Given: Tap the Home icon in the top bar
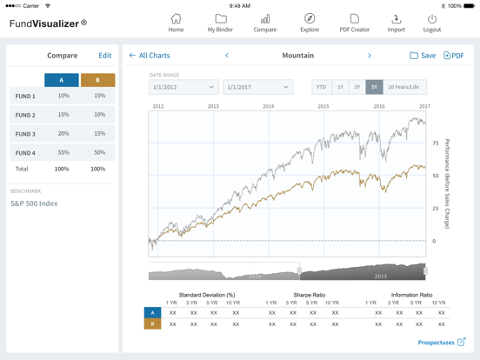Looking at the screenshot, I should pos(176,23).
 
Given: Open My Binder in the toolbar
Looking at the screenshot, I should pos(221,23).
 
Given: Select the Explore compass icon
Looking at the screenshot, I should pos(310,23).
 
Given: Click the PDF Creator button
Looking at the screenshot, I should pos(354,23).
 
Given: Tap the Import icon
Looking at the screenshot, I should pos(396,23).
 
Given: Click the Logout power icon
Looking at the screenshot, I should pos(432,23).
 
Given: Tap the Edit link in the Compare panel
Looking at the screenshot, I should pos(104,56).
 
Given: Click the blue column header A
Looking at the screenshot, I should pos(62,80).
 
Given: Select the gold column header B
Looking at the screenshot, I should pos(97,80).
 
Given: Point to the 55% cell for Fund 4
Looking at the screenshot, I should pos(63,152).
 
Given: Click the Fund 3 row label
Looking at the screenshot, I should pos(25,134).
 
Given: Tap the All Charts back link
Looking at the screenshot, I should pos(150,56).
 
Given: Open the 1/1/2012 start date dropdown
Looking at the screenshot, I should pos(183,87).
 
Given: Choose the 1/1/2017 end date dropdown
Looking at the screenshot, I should pos(257,87).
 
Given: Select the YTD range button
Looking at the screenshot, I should pos(322,87).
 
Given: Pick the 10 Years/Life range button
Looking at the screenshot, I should pos(403,87).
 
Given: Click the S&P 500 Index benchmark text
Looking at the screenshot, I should pos(34,203).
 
